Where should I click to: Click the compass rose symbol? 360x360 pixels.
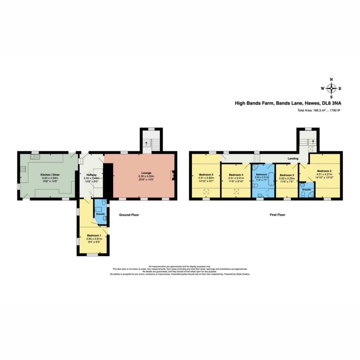pyautogui.click(x=331, y=88)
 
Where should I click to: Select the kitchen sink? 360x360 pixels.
pyautogui.click(x=35, y=156)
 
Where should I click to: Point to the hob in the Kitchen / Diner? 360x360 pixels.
pyautogui.click(x=23, y=169)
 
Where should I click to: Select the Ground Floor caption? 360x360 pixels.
pyautogui.click(x=129, y=215)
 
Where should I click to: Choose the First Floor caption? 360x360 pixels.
pyautogui.click(x=278, y=215)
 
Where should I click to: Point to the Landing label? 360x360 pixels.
pyautogui.click(x=293, y=159)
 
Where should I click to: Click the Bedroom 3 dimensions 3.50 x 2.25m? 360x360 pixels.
pyautogui.click(x=285, y=178)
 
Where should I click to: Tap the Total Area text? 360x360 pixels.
pyautogui.click(x=319, y=110)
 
